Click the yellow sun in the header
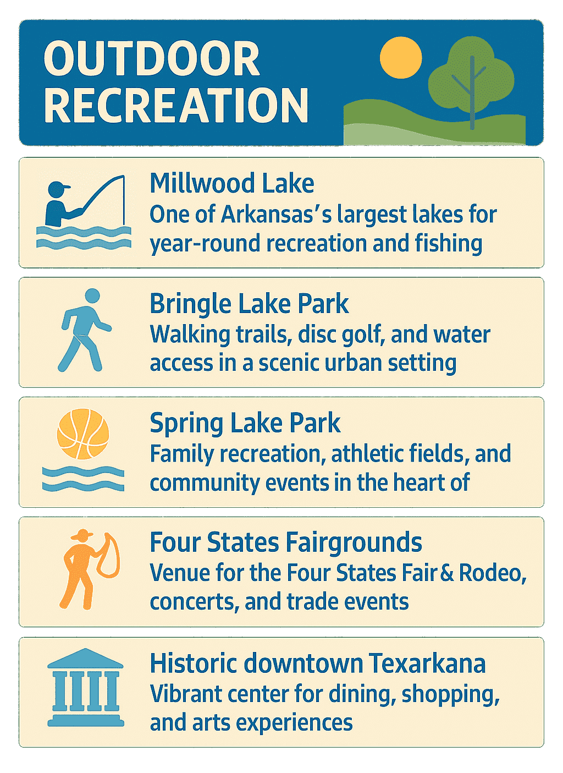pyautogui.click(x=401, y=58)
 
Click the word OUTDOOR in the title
pyautogui.click(x=152, y=59)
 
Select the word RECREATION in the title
pyautogui.click(x=176, y=105)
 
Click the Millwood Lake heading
pyautogui.click(x=231, y=183)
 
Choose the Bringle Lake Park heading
pyautogui.click(x=249, y=303)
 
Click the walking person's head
pyautogui.click(x=92, y=296)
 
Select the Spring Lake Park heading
pyautogui.click(x=245, y=423)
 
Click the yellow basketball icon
pyautogui.click(x=83, y=434)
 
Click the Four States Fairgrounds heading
pyautogui.click(x=285, y=542)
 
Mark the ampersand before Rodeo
pyautogui.click(x=446, y=573)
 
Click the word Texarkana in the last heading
pyautogui.click(x=427, y=663)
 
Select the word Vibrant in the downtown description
pyautogui.click(x=182, y=694)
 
